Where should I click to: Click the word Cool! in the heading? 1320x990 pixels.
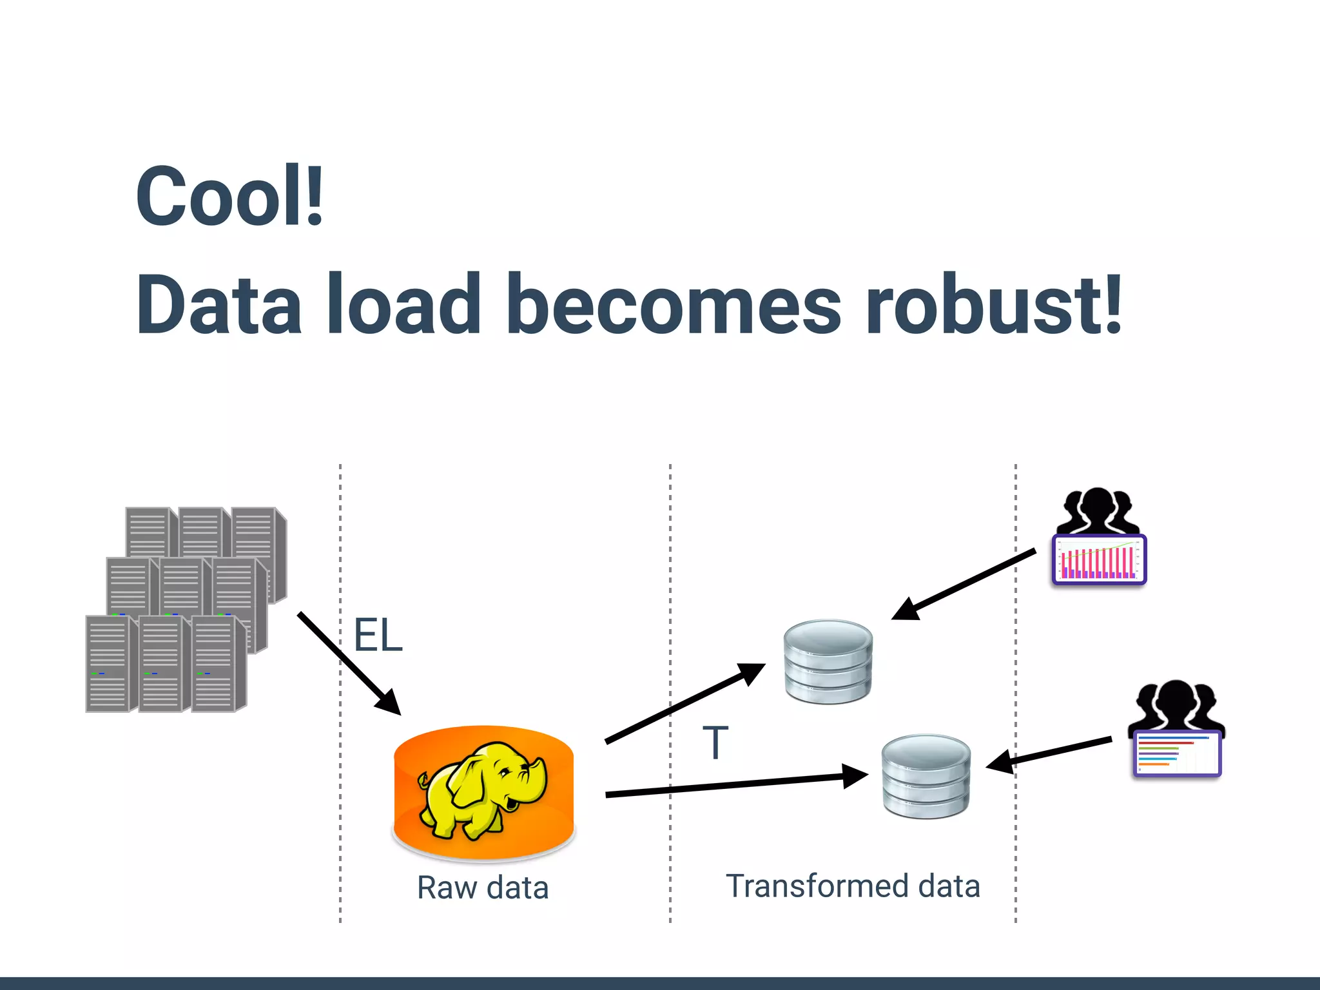coord(229,196)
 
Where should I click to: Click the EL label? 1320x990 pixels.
coord(378,636)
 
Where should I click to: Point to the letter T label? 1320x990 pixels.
coord(715,742)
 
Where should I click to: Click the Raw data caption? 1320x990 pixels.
coord(483,888)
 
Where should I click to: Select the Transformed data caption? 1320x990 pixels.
coord(853,886)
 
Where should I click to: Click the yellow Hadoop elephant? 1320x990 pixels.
coord(480,790)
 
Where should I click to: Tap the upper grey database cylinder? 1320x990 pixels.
coord(828,662)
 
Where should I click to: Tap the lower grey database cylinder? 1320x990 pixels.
coord(926,777)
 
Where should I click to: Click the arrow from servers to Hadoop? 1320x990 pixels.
coord(348,664)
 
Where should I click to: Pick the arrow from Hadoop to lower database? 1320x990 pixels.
coord(735,785)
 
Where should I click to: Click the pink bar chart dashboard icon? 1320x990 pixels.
coord(1099,559)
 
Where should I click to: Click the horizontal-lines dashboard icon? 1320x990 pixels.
coord(1177,753)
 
